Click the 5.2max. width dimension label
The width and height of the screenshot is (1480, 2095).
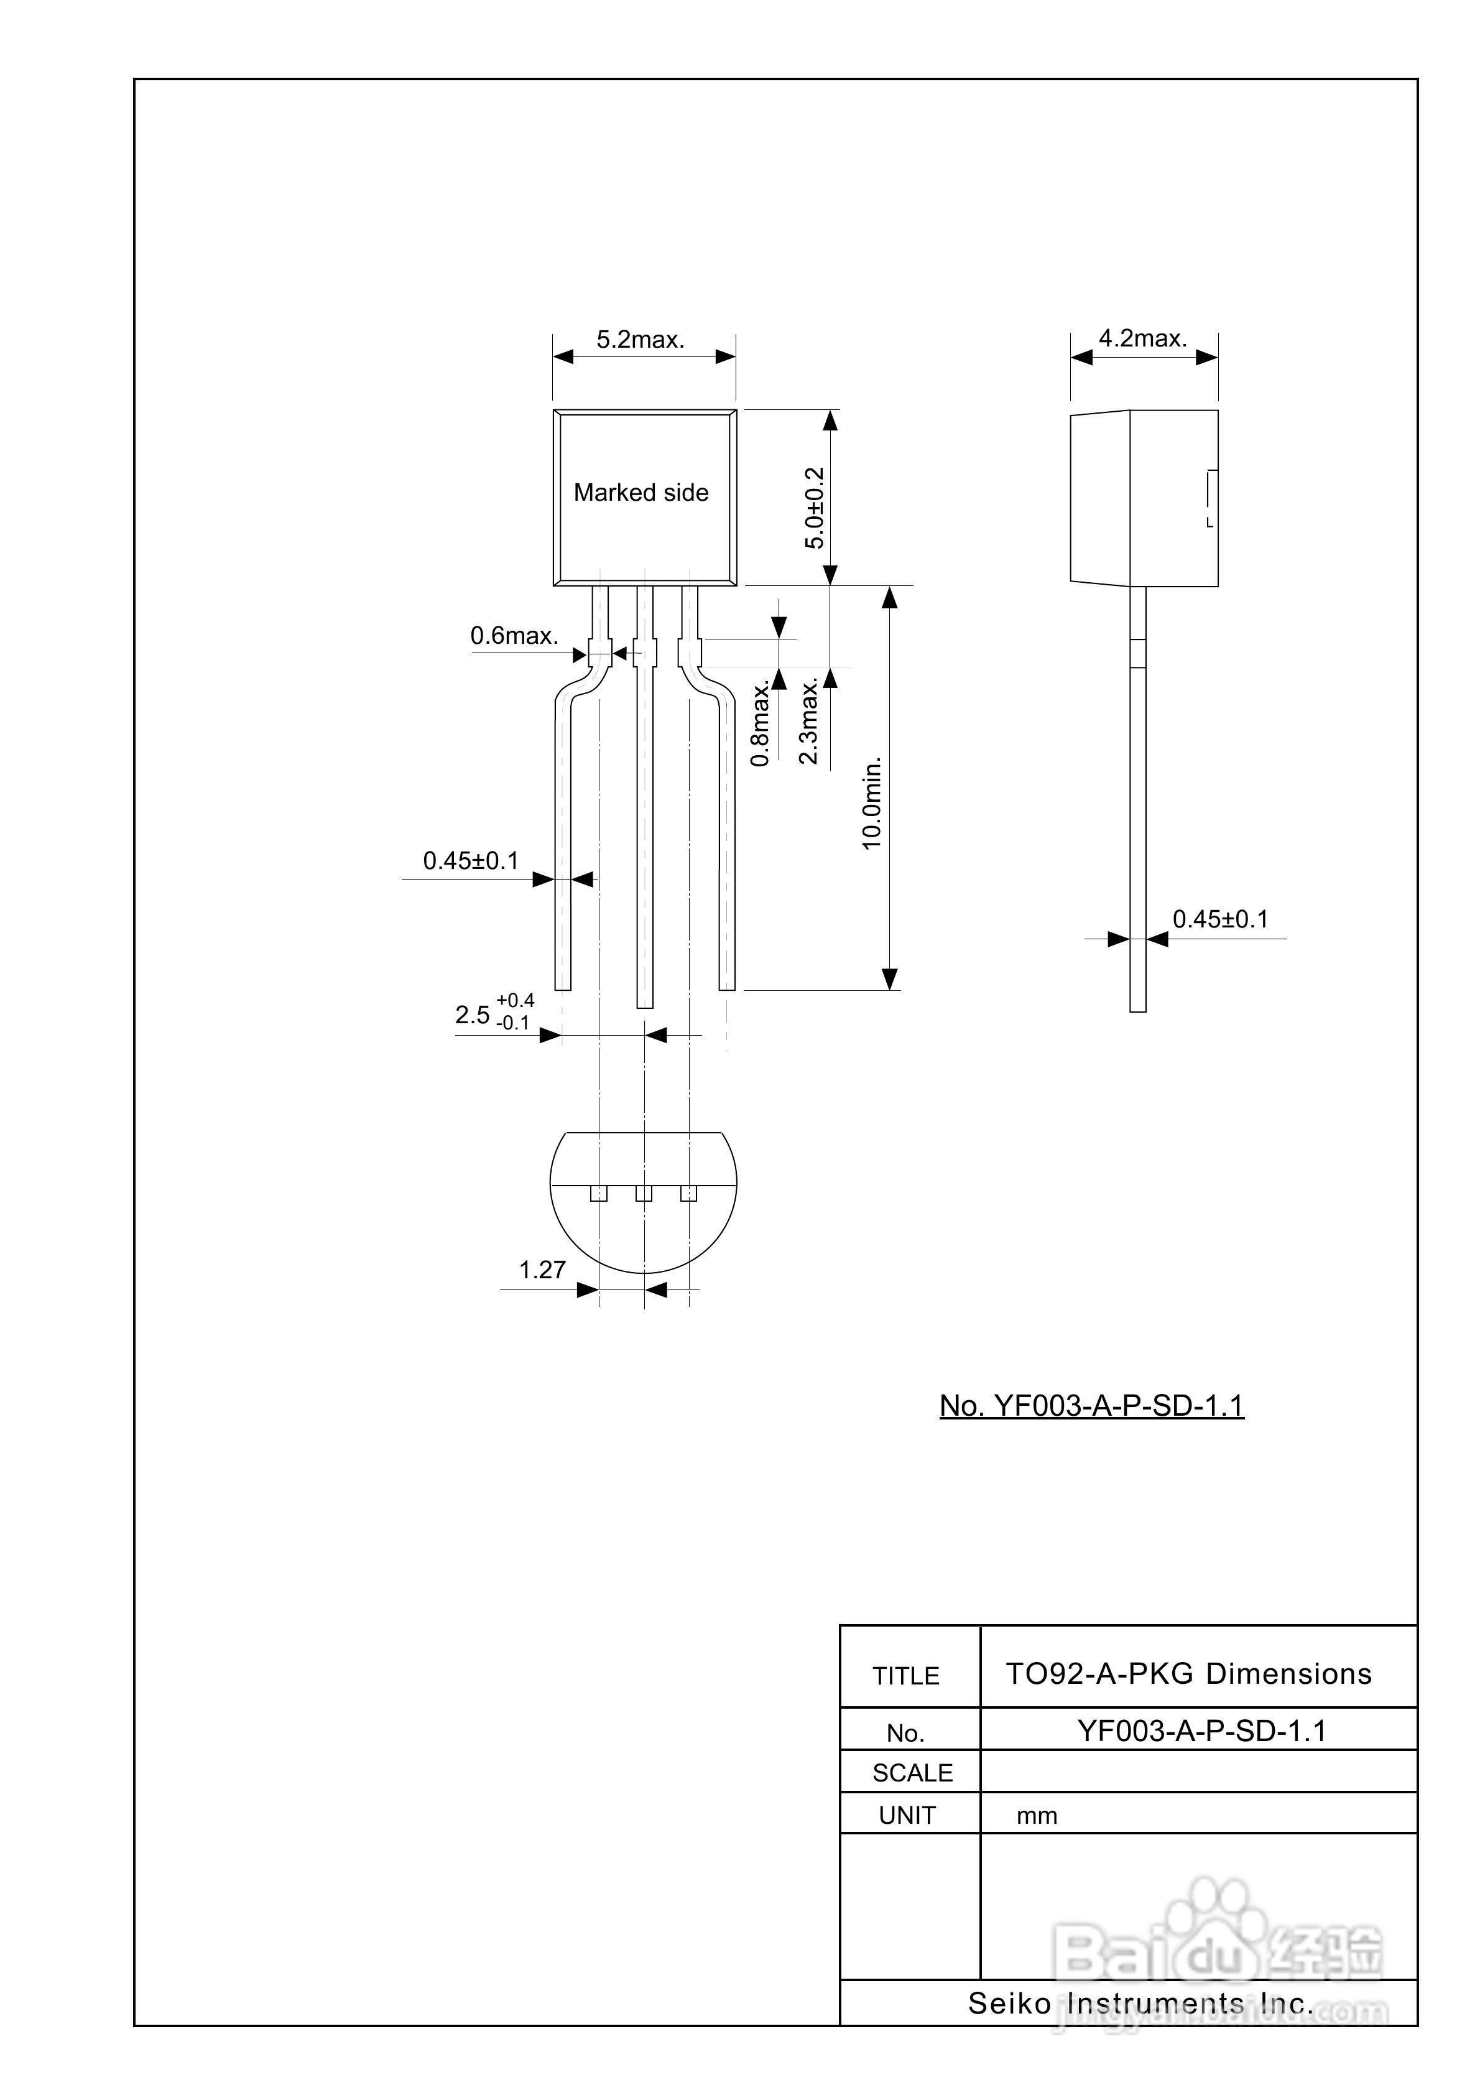[641, 340]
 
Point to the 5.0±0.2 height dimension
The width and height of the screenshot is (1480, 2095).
[814, 508]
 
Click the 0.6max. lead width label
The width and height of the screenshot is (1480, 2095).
[514, 636]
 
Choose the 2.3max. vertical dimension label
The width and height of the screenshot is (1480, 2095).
[808, 721]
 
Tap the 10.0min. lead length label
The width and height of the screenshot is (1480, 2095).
[872, 803]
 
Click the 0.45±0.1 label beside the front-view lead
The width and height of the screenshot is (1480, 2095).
[470, 860]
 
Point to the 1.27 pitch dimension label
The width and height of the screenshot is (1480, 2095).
[542, 1270]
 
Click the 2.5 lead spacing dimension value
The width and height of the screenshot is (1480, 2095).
[473, 1015]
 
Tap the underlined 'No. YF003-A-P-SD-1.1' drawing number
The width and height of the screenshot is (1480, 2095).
[1091, 1405]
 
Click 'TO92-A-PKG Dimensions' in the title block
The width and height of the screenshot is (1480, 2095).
[1188, 1675]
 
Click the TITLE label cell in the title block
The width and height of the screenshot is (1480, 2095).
[905, 1676]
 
